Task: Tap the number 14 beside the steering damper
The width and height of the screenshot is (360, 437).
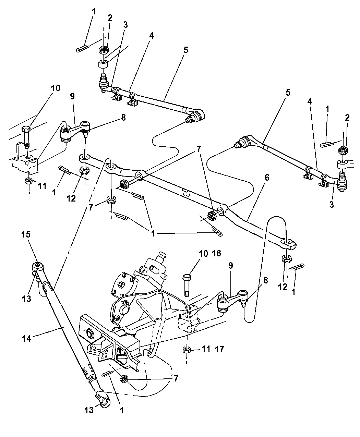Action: point(26,339)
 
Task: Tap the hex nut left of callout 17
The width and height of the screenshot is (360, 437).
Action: point(187,350)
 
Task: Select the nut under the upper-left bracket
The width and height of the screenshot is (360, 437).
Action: point(29,181)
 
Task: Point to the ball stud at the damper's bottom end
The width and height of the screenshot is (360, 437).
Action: point(102,400)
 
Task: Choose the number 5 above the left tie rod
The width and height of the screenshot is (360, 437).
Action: point(185,50)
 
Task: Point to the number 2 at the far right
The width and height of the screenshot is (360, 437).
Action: point(347,118)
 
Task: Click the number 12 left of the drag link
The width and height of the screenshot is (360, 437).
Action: point(71,198)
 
